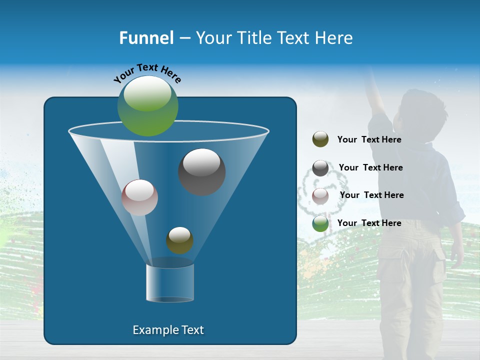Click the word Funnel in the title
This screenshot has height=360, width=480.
146,38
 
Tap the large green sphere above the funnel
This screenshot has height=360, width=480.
148,105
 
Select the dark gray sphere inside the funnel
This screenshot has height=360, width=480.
201,171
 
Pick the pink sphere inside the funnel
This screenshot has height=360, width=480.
139,197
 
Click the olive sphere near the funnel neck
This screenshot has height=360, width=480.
179,240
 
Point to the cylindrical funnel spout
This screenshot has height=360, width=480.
170,283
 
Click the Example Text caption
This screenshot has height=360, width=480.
168,330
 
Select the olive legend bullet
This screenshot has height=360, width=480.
320,139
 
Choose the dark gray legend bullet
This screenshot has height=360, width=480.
320,168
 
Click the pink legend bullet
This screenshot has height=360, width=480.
320,196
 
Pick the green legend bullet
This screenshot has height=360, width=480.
320,223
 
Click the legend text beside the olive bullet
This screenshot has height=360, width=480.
369,140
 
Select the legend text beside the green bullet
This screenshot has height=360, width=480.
369,223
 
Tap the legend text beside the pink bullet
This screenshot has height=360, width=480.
371,195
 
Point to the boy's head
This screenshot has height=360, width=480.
421,112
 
